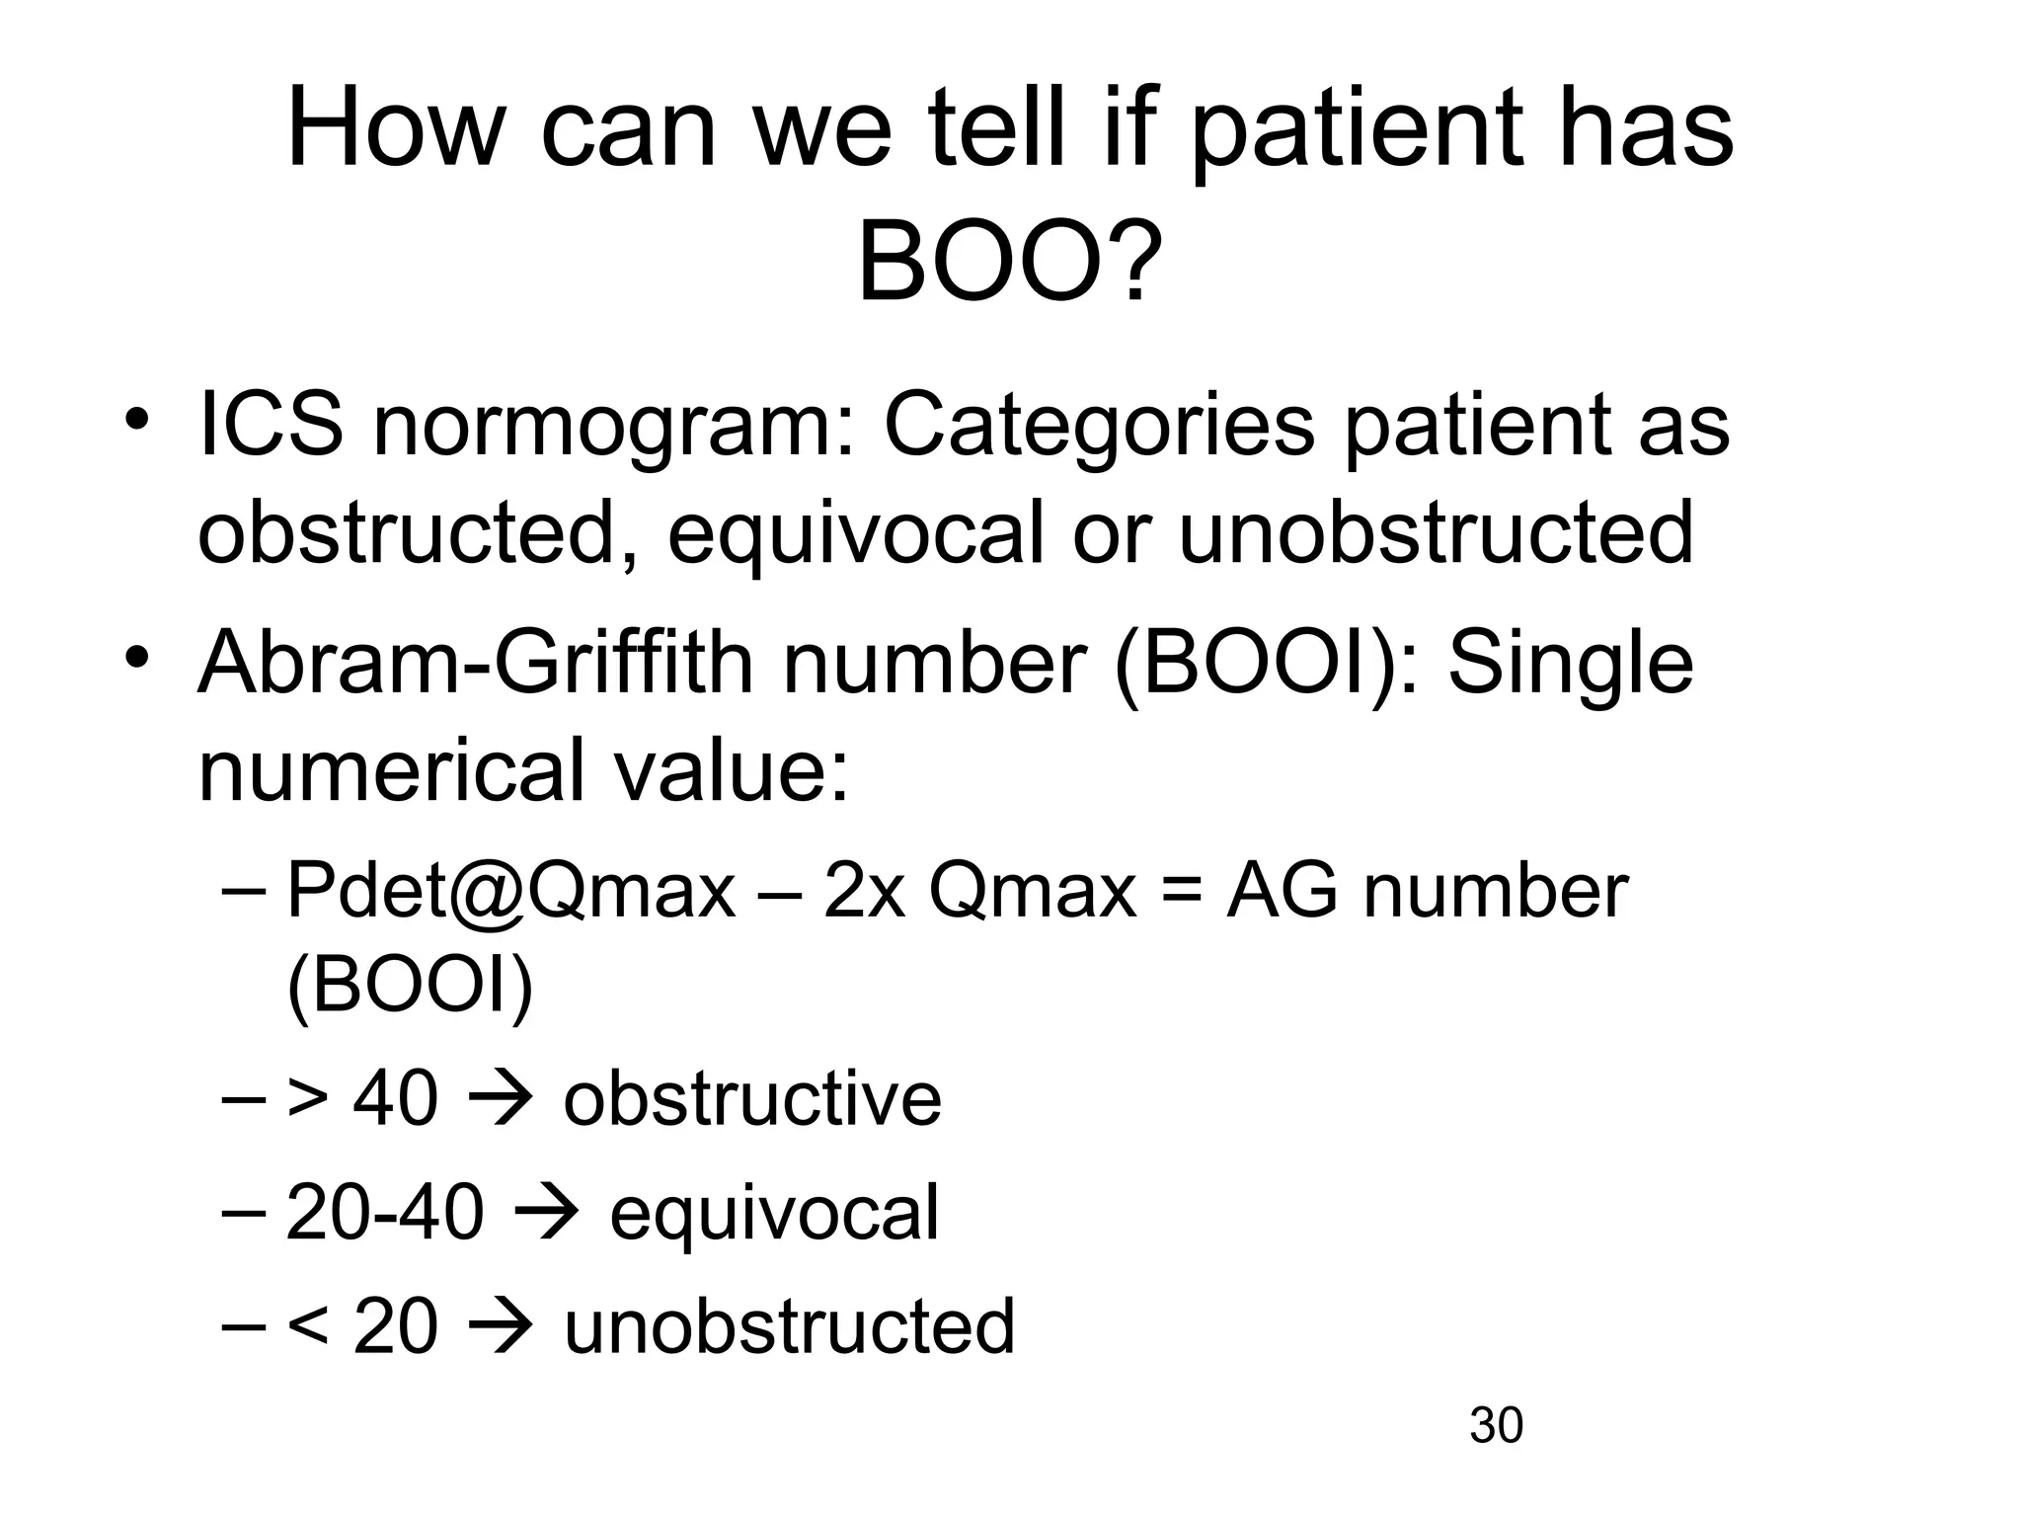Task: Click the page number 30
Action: pyautogui.click(x=1496, y=1426)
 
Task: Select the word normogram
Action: pyautogui.click(x=612, y=427)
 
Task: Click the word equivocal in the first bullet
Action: pyautogui.click(x=855, y=534)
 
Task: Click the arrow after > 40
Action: pyautogui.click(x=500, y=1098)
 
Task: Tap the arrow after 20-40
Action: pyautogui.click(x=546, y=1214)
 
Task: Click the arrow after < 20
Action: pyautogui.click(x=500, y=1326)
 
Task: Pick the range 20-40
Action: pyautogui.click(x=385, y=1213)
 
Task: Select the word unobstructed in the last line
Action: pyautogui.click(x=789, y=1326)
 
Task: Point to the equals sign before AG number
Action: pyautogui.click(x=1182, y=893)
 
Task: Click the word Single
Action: pyautogui.click(x=1570, y=663)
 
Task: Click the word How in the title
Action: pyautogui.click(x=395, y=130)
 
